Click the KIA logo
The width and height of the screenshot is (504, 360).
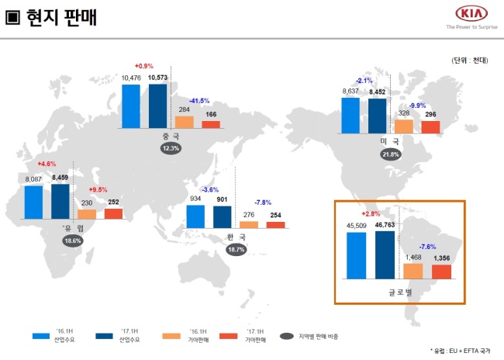[471, 14]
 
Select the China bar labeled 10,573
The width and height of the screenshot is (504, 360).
[158, 106]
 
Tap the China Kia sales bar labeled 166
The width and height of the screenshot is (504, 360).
[211, 124]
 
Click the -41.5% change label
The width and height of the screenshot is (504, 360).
[199, 101]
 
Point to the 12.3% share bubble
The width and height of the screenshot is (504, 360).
[171, 148]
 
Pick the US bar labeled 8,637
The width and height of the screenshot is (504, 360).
[350, 116]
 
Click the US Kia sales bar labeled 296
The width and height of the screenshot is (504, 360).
[430, 127]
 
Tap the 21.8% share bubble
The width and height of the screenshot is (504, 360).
[391, 154]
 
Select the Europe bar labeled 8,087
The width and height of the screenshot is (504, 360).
[34, 202]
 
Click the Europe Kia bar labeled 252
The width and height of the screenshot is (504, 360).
[113, 214]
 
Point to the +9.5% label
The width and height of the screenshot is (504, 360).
[98, 189]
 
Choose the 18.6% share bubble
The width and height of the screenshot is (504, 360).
[73, 241]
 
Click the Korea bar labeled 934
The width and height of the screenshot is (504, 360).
[195, 216]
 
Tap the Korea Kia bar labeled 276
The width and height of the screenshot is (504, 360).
[249, 225]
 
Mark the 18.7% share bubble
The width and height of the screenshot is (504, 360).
[236, 250]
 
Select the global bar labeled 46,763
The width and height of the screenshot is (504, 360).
[385, 255]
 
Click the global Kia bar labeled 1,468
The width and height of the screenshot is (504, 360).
[413, 272]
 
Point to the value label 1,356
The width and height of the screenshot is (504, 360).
[442, 258]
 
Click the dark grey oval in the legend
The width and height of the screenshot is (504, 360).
[287, 336]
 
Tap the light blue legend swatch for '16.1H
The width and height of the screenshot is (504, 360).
[41, 336]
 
